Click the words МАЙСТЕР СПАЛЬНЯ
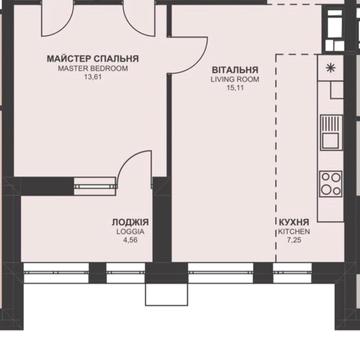93,59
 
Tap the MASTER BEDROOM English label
93,69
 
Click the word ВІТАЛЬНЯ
235,70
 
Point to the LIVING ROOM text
235,80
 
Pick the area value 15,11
235,88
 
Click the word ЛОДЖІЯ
130,222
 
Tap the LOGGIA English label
130,232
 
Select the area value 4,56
130,240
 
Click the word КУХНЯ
294,222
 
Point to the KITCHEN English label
294,232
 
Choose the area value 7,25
294,240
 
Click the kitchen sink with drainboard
332,132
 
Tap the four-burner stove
331,184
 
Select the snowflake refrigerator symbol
330,68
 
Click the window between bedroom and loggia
95,186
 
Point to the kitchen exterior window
292,272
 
